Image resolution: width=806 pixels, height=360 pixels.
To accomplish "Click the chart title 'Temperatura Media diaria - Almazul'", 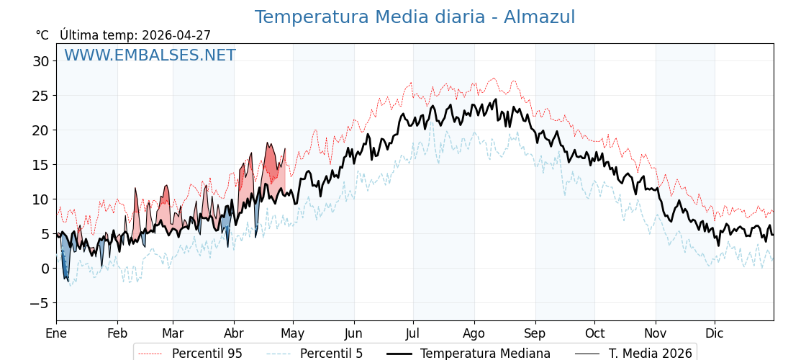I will [x=415, y=17].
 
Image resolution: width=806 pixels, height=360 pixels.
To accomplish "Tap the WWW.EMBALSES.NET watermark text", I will [x=150, y=55].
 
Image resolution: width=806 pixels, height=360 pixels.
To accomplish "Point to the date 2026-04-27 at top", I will [x=176, y=35].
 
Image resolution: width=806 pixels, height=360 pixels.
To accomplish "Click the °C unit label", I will [x=42, y=35].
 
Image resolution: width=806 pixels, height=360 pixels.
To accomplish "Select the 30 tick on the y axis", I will [x=40, y=61].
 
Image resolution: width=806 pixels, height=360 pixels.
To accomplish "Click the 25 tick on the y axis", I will [x=40, y=96].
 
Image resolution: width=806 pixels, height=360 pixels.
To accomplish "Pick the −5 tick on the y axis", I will [x=39, y=303].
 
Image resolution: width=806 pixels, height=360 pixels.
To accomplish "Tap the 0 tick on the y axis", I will [x=45, y=269].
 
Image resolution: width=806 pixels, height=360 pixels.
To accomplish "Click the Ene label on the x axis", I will [x=56, y=333].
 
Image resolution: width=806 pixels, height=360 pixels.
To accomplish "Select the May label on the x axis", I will [x=293, y=333].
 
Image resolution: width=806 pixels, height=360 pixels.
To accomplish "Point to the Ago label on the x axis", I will [x=474, y=333].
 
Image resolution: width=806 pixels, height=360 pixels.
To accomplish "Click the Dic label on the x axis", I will [x=715, y=333].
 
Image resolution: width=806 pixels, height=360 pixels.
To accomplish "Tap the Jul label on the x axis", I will [x=413, y=333].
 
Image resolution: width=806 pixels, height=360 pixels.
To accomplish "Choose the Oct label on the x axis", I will [x=594, y=333].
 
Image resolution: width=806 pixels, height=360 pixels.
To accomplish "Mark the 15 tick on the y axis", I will [x=40, y=165].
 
